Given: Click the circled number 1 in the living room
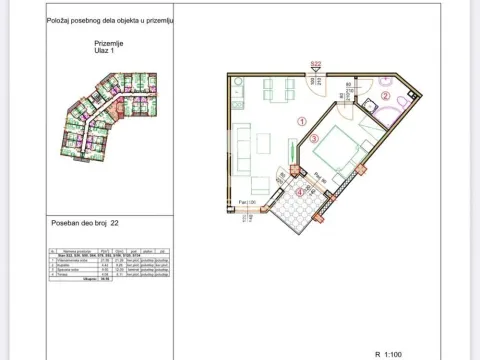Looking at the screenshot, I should (302, 121).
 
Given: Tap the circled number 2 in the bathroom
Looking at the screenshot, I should (386, 96).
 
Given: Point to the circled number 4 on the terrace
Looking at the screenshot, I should (301, 193).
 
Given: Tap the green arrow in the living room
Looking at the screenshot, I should (293, 154).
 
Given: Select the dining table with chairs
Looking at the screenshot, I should (279, 89).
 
